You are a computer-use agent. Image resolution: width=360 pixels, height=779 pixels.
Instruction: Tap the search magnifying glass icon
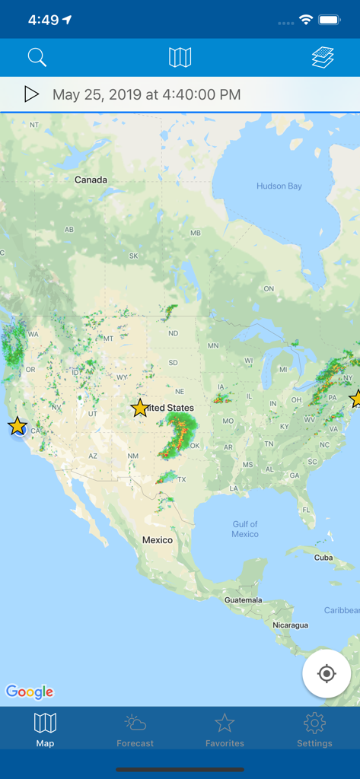(x=37, y=57)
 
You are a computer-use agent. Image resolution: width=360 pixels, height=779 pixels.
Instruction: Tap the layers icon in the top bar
(x=323, y=57)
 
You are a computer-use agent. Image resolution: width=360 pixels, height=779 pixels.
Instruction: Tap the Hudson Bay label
(x=279, y=186)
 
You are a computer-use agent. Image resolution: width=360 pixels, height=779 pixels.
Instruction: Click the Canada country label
(x=91, y=180)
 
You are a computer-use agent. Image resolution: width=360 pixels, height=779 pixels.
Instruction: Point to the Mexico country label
(x=158, y=539)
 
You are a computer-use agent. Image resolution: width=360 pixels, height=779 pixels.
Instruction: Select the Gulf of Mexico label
(x=245, y=529)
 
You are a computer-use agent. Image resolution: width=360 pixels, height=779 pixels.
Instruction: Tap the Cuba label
(x=323, y=558)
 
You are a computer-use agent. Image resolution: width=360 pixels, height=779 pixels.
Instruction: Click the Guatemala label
(x=243, y=600)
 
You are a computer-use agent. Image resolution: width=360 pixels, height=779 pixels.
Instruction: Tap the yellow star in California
(x=18, y=426)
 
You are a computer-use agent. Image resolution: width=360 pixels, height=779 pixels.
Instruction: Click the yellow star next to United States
(x=140, y=408)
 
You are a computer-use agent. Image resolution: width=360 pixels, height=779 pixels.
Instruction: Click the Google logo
(x=30, y=692)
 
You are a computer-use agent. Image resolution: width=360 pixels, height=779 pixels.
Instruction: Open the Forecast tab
(x=135, y=730)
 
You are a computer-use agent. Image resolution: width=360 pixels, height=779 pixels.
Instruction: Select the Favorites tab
(x=225, y=730)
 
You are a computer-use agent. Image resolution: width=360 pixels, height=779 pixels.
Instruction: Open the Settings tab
(x=314, y=730)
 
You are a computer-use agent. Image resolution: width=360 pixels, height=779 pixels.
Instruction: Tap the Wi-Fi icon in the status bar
(x=306, y=20)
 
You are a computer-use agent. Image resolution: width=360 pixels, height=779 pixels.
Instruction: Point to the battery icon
(x=330, y=20)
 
